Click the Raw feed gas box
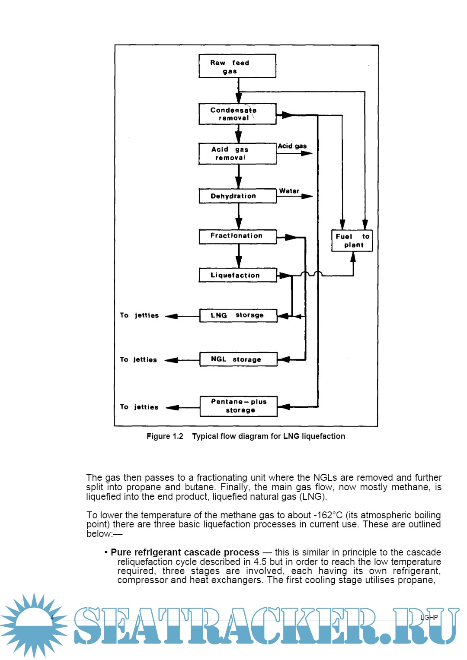pos(237,66)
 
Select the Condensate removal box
pos(237,114)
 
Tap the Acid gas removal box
pos(237,154)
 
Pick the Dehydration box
pos(237,196)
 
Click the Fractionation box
pos(237,236)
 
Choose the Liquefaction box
pos(237,275)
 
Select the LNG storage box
pos(238,316)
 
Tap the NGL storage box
pos(238,359)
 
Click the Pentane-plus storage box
pos(238,406)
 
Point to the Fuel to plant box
pos(352,241)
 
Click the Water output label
pos(289,191)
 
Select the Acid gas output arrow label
pos(292,146)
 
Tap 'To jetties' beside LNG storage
pos(139,315)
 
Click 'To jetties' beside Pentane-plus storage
pos(139,407)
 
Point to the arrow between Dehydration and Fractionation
pos(238,216)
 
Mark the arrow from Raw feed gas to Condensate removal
pos(238,91)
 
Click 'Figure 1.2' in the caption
pos(165,436)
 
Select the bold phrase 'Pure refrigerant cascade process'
pos(185,552)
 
